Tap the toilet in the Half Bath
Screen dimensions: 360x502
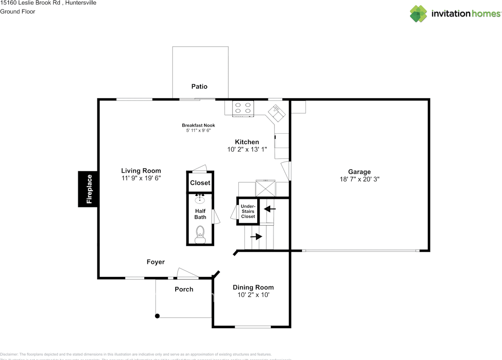tap(200, 232)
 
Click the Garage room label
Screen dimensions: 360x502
tap(359, 172)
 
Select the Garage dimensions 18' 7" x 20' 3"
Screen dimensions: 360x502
tap(359, 179)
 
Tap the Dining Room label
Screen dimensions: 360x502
tap(253, 287)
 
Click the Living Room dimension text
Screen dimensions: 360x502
tap(141, 178)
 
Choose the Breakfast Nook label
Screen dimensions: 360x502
tap(198, 125)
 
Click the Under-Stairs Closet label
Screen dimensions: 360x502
tap(248, 211)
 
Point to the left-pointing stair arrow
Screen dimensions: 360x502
tap(271, 209)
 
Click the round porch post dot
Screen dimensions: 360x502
tap(157, 316)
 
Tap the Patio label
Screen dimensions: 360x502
tap(199, 87)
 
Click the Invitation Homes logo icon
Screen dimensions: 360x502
tap(418, 14)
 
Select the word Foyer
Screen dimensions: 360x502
tap(156, 262)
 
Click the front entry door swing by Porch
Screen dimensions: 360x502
tap(187, 273)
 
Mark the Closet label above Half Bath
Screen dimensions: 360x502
tap(200, 183)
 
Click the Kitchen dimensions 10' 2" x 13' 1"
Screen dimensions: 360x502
tap(247, 149)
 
